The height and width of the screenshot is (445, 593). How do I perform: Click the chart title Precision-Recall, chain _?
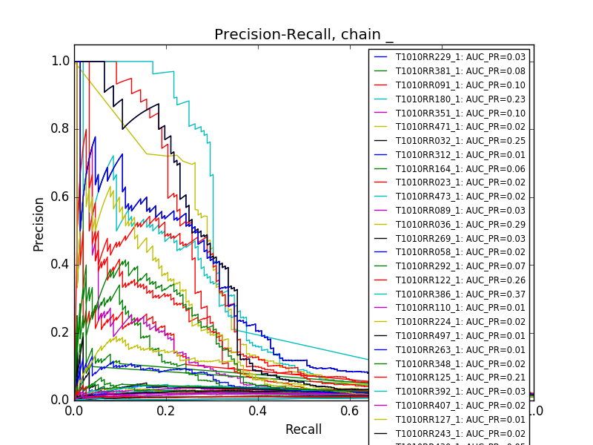(304, 35)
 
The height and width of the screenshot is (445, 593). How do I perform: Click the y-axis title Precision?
(39, 223)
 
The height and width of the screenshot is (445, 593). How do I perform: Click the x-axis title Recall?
(303, 429)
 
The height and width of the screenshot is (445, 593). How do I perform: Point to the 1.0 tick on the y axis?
(61, 62)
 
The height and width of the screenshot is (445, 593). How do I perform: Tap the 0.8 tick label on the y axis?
(61, 129)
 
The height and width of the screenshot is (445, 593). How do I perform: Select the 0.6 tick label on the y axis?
(61, 197)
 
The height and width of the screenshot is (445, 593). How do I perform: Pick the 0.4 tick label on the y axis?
(61, 264)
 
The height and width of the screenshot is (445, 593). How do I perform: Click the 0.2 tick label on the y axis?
(61, 332)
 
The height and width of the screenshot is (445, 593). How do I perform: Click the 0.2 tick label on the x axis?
(166, 411)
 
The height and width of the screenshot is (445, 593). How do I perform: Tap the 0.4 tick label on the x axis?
(258, 411)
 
